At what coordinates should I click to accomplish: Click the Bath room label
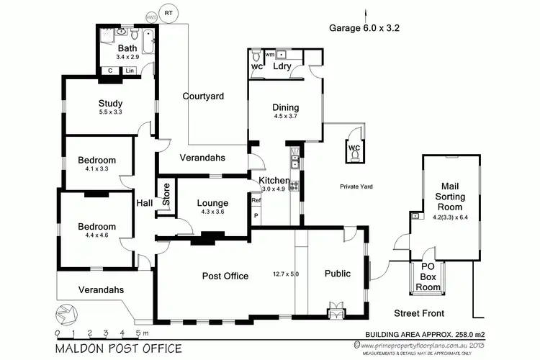pos(127,49)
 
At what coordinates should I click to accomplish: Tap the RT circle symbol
pos(168,13)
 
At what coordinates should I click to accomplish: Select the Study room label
pos(110,103)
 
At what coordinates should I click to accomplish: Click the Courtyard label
pos(203,96)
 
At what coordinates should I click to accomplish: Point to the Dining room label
pos(285,108)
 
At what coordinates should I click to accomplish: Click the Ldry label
pos(282,66)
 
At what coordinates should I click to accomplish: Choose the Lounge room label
pos(212,203)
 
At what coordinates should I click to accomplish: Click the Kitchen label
pos(274,181)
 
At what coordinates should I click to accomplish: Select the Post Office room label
pos(225,276)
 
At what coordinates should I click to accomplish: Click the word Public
pos(337,274)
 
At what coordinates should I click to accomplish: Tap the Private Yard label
pos(356,186)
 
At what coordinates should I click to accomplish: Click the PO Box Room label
pos(428,276)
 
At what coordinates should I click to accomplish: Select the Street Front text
pos(419,313)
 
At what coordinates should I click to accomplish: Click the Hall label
pos(145,204)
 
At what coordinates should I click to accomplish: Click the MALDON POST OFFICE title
pos(118,348)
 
